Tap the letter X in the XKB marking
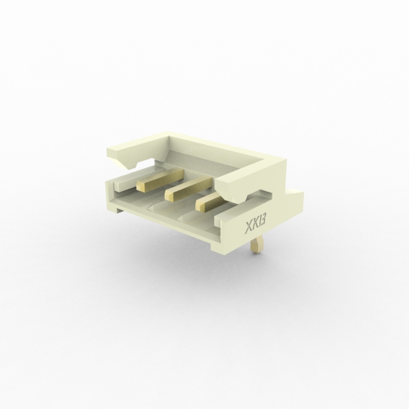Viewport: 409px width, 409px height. pos(248,228)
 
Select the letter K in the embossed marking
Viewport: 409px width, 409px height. pos(255,226)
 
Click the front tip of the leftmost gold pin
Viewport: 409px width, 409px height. pos(140,185)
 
